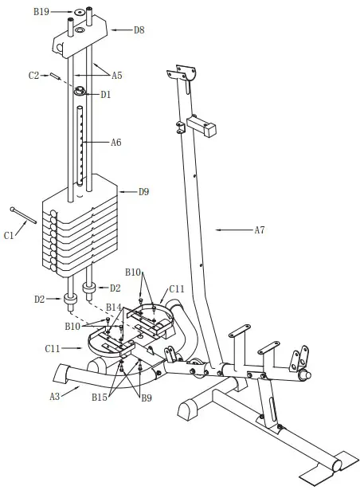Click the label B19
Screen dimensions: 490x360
pyautogui.click(x=41, y=12)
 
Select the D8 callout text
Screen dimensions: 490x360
pyautogui.click(x=139, y=29)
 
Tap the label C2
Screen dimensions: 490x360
pyautogui.click(x=34, y=75)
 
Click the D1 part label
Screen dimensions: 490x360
pyautogui.click(x=106, y=94)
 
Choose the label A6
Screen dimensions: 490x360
pyautogui.click(x=115, y=143)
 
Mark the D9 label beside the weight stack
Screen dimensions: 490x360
pyautogui.click(x=144, y=191)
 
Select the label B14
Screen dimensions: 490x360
pyautogui.click(x=114, y=307)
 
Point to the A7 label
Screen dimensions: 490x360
pyautogui.click(x=260, y=230)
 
